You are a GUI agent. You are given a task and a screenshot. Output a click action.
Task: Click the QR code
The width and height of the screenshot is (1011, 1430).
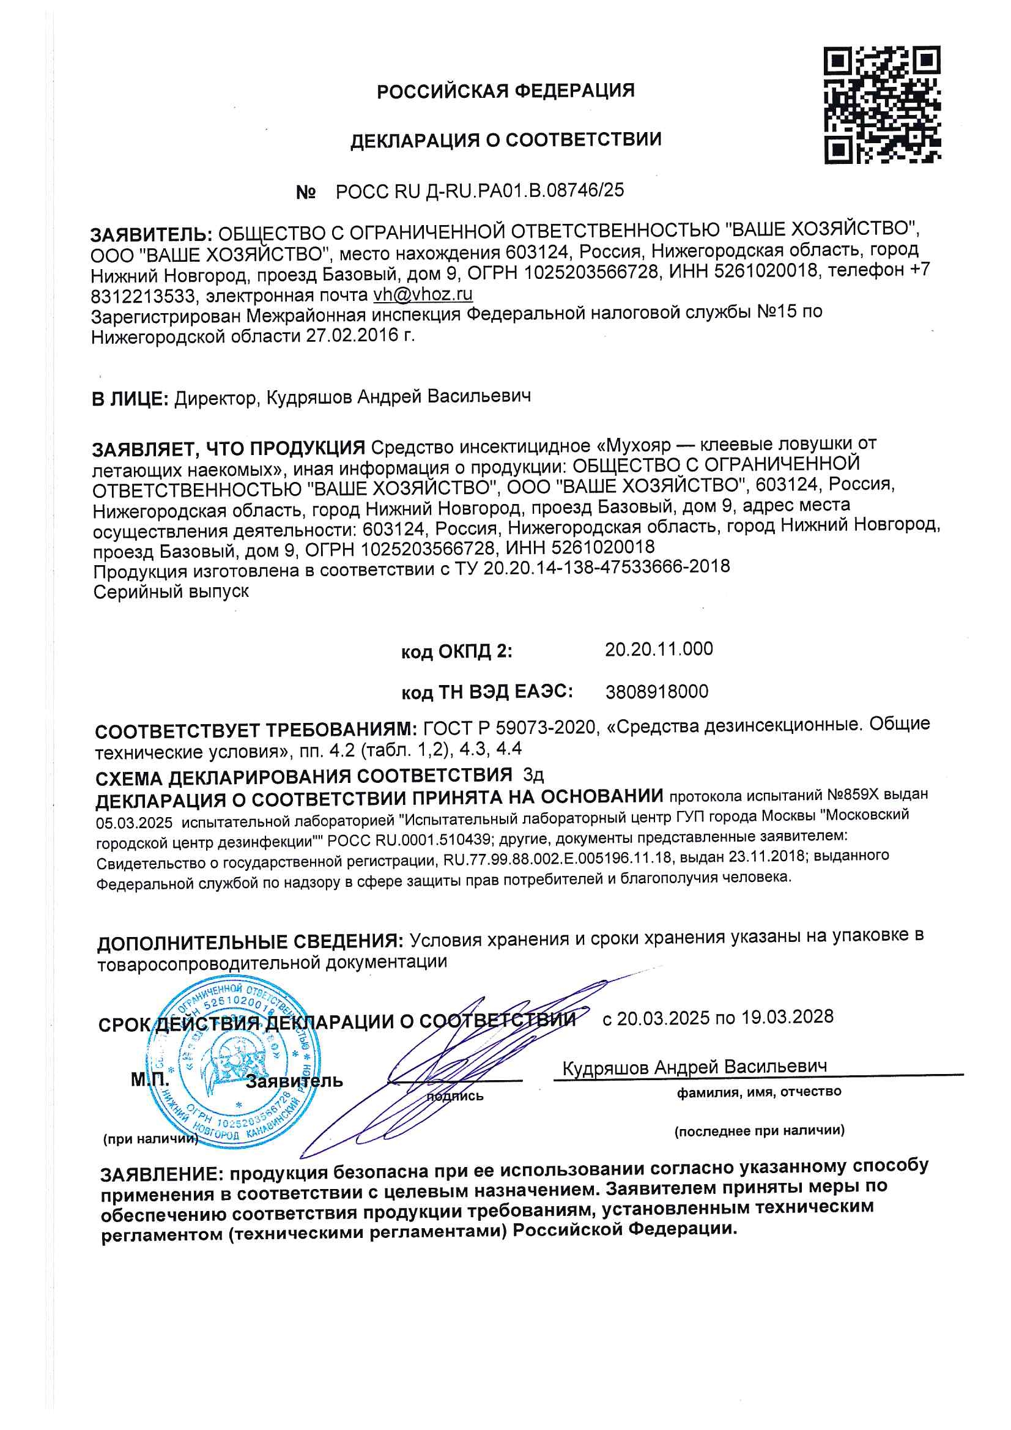point(881,105)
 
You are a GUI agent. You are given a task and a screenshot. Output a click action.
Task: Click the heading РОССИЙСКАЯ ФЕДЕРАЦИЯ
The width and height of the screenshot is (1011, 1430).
point(505,91)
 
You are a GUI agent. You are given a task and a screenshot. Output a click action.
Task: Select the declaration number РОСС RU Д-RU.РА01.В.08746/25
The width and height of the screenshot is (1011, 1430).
point(479,191)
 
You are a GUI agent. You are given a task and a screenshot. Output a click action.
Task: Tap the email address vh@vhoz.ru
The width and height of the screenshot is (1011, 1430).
point(423,294)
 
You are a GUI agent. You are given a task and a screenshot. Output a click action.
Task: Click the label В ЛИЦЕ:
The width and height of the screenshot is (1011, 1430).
point(130,399)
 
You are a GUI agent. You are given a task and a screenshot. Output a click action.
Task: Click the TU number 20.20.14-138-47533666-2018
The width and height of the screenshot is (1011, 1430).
point(606,567)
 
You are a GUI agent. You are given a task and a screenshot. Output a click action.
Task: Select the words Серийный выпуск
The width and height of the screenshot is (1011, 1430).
point(171,591)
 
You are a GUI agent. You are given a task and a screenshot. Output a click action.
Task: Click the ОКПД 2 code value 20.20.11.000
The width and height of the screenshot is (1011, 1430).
point(659,649)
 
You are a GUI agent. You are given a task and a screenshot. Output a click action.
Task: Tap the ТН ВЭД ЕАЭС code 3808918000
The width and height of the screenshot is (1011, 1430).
point(656,691)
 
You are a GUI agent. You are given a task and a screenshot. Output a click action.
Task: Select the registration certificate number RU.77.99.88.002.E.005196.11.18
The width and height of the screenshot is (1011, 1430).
point(558,859)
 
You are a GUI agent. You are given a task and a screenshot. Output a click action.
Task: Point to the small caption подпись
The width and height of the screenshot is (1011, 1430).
point(454,1096)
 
